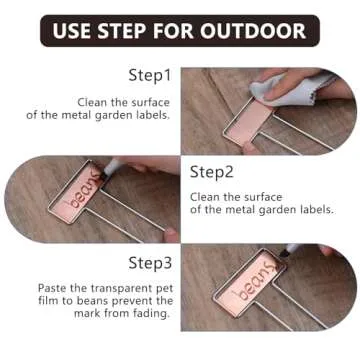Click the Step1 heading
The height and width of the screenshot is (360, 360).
tap(151, 76)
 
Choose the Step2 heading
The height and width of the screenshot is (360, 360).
tap(211, 171)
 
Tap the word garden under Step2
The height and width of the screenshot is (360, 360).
tap(281, 209)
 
